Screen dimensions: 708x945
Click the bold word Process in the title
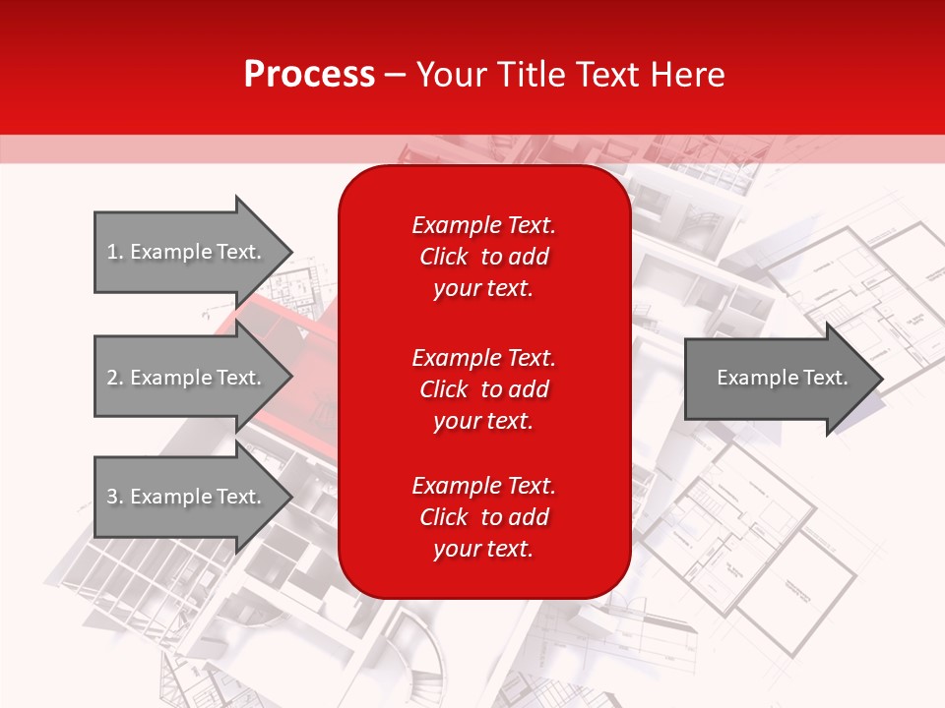[309, 75]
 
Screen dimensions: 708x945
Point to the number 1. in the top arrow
[114, 252]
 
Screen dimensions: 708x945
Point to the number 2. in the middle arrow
[114, 378]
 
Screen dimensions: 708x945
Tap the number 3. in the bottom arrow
[114, 497]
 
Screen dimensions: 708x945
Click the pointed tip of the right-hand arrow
[878, 379]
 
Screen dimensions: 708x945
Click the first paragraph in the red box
[483, 257]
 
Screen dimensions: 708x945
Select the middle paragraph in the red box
[483, 389]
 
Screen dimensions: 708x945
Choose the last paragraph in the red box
[483, 517]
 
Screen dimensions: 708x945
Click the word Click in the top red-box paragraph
[443, 257]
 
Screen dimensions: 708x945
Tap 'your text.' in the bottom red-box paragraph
[483, 550]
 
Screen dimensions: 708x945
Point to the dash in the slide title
[396, 75]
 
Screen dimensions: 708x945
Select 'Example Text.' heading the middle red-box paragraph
[483, 357]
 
